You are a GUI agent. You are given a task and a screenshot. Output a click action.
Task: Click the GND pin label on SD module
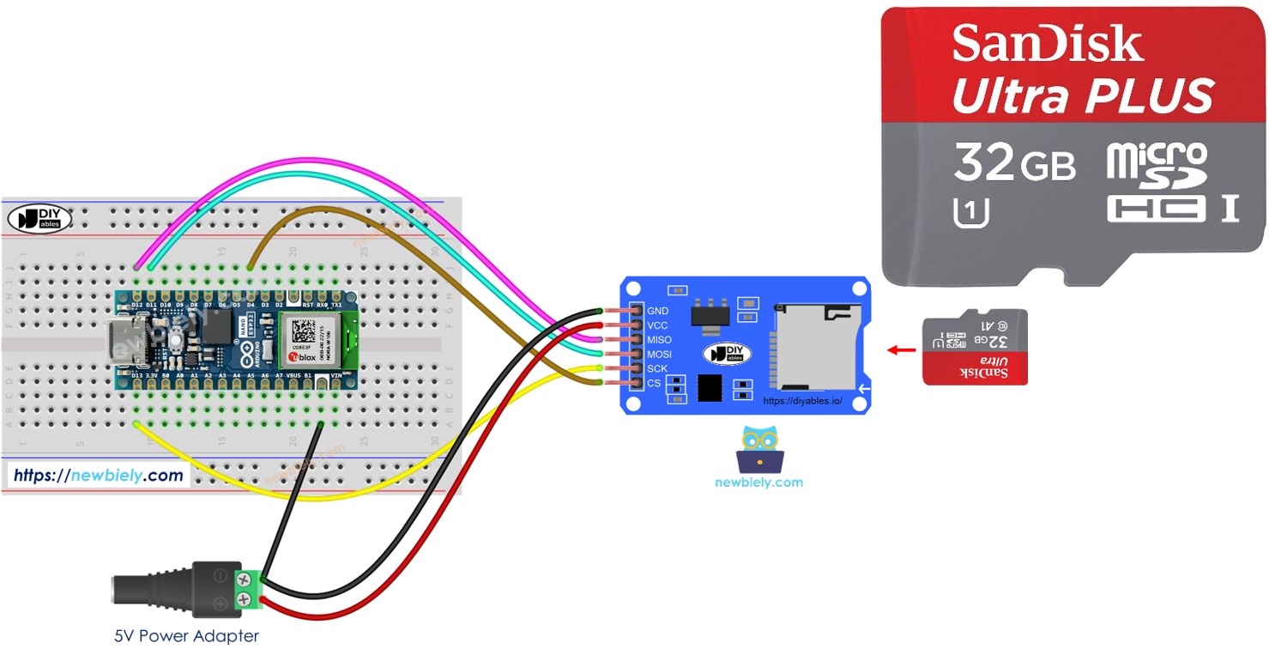tap(658, 311)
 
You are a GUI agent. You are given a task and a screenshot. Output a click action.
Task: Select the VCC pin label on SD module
tap(657, 325)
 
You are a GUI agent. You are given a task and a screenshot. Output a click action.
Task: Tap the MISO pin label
tap(659, 340)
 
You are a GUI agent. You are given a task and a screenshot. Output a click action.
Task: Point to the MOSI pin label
tap(659, 355)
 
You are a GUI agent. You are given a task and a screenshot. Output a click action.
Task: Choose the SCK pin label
tap(657, 368)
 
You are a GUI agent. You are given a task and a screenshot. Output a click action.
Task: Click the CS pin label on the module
tap(654, 383)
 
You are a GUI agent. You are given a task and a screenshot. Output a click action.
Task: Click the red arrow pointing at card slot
tap(900, 350)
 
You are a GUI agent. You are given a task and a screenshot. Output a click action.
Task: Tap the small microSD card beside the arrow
tap(974, 347)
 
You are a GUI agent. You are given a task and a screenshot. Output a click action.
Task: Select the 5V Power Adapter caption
tap(186, 636)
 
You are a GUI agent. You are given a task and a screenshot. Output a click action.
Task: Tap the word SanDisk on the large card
tap(1048, 43)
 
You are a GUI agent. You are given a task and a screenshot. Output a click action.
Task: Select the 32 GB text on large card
tap(1014, 162)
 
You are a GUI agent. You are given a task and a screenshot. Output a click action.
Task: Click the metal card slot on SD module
tap(815, 347)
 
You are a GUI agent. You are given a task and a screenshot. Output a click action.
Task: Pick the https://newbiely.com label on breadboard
tap(99, 475)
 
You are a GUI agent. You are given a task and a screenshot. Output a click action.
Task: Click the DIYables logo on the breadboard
tap(39, 219)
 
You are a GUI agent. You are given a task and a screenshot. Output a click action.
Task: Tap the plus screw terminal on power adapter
tap(244, 599)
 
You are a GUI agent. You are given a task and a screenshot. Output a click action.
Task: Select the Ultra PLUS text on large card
tap(1083, 95)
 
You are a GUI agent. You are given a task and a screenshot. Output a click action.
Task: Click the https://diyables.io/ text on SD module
tap(802, 401)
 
